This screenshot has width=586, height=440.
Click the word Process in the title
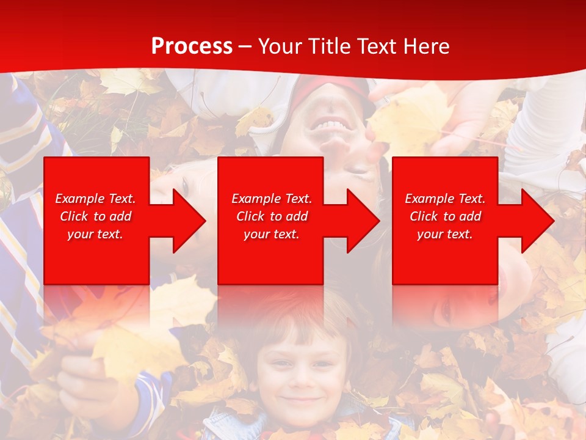pos(192,46)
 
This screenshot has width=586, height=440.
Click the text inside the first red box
pos(96,216)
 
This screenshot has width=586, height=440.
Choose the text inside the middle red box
pos(272,216)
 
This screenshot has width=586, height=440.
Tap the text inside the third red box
pos(445,216)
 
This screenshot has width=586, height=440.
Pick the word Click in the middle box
pos(250,216)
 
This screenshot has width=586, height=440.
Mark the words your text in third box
pos(445,234)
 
